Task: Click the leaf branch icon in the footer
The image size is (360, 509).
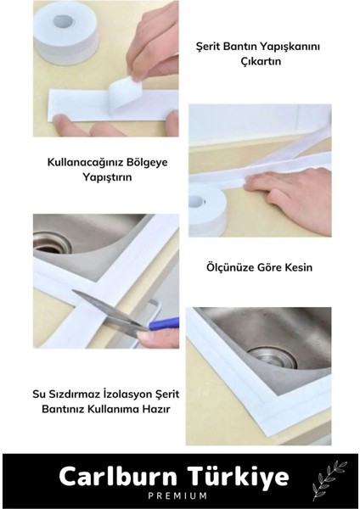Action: [x=327, y=481]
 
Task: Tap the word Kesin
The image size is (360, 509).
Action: [x=296, y=267]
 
